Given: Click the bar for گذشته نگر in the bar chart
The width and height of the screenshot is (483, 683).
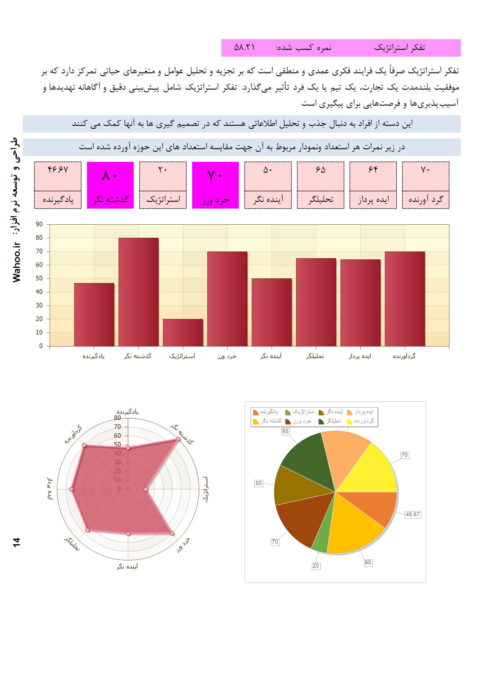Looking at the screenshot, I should point(138,292).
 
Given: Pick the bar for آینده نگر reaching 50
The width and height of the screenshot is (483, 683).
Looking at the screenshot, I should point(272,312).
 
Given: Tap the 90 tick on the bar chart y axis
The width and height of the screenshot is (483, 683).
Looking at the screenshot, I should point(39,224).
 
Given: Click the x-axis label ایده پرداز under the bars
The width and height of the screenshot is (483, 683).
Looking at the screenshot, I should point(360,356).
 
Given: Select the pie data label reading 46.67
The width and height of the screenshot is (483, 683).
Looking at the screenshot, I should point(413,514).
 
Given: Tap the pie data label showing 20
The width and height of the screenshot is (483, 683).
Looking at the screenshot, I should point(316,566).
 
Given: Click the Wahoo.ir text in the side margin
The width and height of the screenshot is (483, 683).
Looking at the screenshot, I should point(17,262).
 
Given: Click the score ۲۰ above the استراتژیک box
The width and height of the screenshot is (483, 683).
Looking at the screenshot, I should point(163,170).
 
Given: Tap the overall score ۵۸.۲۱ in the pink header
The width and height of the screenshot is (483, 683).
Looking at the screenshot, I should point(244,48).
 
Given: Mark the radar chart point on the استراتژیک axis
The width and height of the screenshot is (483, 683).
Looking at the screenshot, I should point(146,489).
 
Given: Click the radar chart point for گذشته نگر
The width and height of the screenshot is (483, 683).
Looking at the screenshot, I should point(178,439).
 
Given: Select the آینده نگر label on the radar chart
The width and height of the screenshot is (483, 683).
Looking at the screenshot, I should point(128,566).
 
